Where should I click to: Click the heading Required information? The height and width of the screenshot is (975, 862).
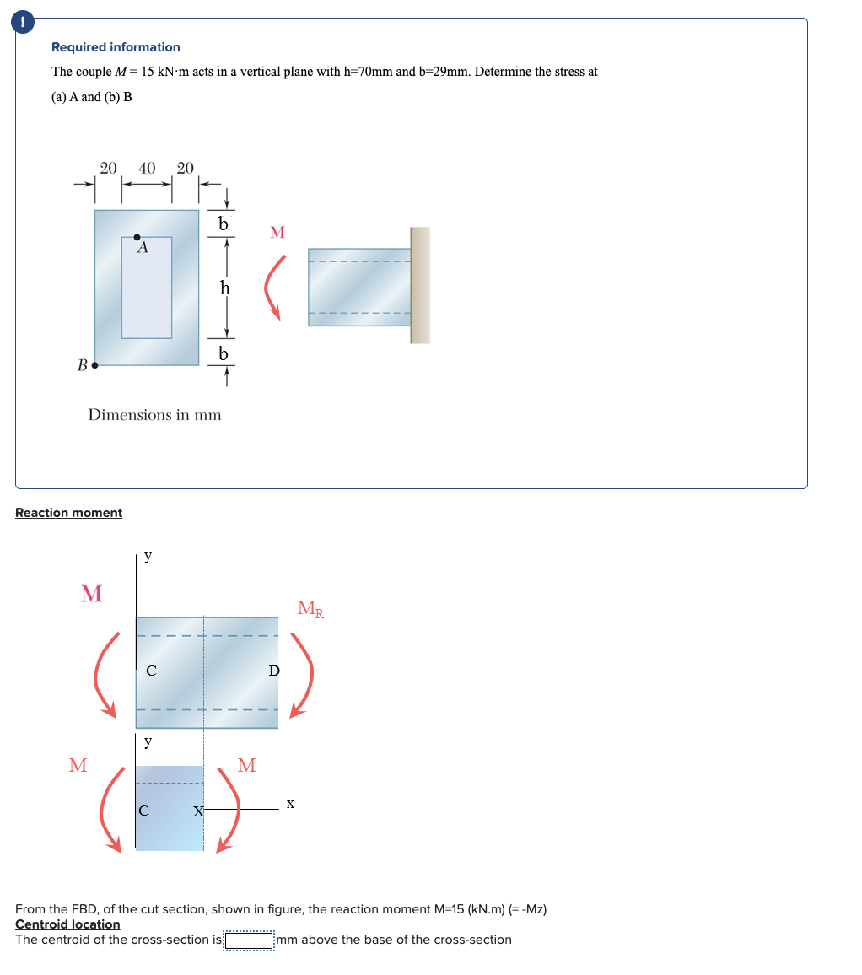tap(116, 47)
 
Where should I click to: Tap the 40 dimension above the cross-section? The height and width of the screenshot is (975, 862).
tap(147, 168)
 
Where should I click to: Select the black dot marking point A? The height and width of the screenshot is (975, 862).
tap(137, 238)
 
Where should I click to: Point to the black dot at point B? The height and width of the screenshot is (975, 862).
tap(94, 366)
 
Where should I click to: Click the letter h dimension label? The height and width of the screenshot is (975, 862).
tap(224, 288)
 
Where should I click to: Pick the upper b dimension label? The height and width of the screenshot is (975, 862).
tap(223, 224)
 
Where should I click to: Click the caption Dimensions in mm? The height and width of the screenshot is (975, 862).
tap(155, 414)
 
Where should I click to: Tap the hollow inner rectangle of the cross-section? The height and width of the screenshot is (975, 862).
tap(147, 291)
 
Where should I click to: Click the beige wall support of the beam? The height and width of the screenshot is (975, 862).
tap(419, 285)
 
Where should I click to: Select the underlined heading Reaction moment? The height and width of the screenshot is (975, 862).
tap(68, 513)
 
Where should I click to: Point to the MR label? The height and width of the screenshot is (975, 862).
tap(310, 607)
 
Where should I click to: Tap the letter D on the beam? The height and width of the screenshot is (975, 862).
tap(272, 671)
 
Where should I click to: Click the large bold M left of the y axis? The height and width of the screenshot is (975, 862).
tap(91, 594)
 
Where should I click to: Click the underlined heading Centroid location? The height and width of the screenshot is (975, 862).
tap(67, 924)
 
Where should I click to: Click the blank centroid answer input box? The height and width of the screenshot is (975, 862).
tap(249, 940)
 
